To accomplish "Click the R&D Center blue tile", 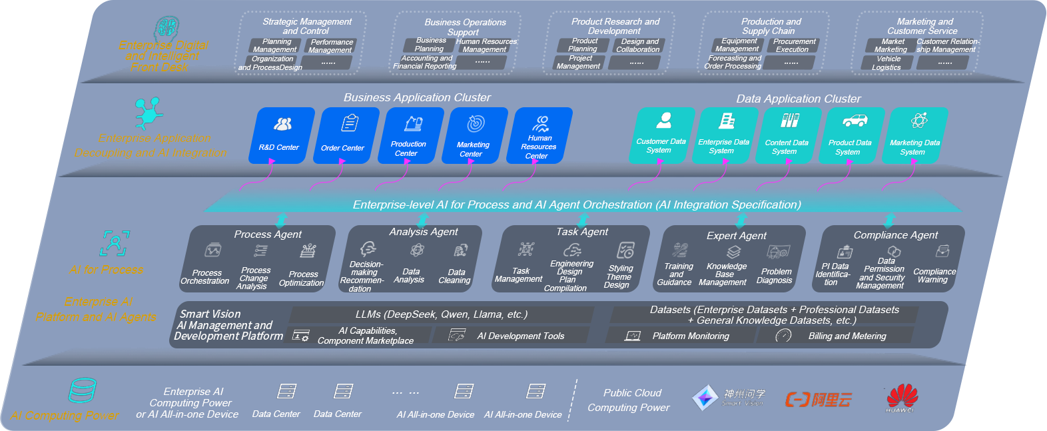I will click(280, 135).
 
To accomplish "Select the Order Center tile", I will click(344, 135).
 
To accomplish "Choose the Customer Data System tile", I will click(661, 135).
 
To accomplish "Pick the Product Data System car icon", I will click(855, 121).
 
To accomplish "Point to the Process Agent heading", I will click(268, 234).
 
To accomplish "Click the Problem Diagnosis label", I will click(775, 276).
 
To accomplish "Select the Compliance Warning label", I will click(934, 276).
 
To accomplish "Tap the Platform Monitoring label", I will click(691, 336).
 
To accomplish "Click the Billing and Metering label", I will click(847, 336).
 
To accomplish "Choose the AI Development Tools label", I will click(520, 336).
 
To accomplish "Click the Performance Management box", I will click(331, 46).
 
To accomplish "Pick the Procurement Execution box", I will click(793, 45).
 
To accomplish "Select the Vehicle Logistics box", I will click(888, 63).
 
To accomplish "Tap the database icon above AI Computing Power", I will click(83, 390).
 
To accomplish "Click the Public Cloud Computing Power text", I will click(629, 400).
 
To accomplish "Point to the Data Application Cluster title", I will click(798, 99).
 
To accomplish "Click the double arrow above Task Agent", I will click(583, 219).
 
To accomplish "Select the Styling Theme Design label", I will click(619, 276).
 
